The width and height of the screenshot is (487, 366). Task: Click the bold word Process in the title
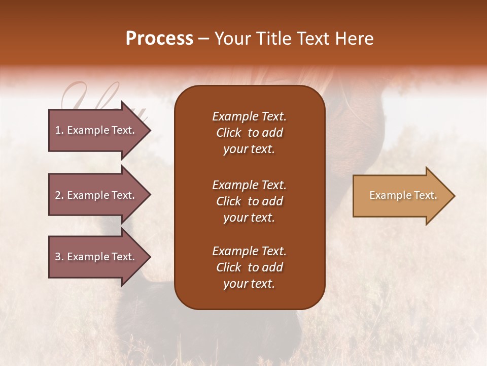pos(159,39)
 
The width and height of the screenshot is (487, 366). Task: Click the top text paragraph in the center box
pos(249,133)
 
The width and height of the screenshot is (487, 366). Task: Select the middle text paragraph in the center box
pos(249,201)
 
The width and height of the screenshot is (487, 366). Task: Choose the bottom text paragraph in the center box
pos(249,267)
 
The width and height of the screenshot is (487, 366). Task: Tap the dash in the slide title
pos(203,39)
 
